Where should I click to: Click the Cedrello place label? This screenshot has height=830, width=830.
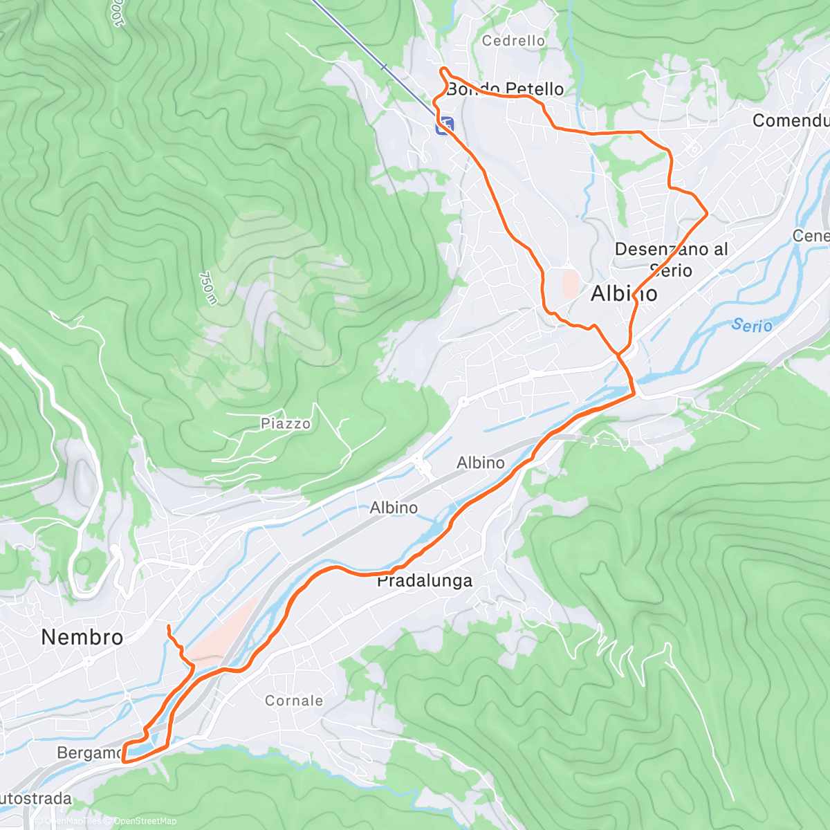point(513,41)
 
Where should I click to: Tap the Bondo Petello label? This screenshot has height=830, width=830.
point(505,89)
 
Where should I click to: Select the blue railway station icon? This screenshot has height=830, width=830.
point(445,125)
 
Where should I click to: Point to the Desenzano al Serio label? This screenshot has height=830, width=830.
point(671,259)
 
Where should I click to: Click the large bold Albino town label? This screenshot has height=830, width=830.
point(624,294)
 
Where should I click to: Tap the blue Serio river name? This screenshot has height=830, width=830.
point(752,324)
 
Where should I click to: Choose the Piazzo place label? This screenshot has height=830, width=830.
point(286,423)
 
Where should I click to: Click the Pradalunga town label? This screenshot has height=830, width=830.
point(424,581)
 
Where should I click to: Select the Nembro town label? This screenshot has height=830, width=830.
point(82,637)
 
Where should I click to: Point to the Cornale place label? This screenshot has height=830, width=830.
point(294,701)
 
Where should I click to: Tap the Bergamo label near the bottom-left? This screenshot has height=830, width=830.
point(89,753)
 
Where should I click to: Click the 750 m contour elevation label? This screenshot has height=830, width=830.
point(207,288)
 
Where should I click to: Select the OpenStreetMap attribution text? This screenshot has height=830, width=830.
point(145,821)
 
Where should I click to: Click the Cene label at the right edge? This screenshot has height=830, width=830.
point(810,236)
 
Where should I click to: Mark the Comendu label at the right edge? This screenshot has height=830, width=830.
point(790,120)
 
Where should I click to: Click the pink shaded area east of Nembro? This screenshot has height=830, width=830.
point(221,633)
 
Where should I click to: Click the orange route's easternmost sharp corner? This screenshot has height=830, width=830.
point(706,214)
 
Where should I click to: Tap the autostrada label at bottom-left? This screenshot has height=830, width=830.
point(35,799)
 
